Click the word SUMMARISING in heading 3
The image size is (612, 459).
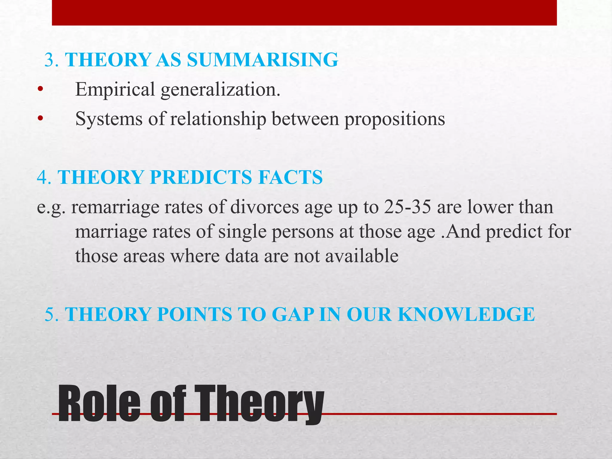[x=262, y=60]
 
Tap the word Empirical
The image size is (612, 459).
[x=115, y=89]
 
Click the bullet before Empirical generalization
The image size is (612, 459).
[x=40, y=90]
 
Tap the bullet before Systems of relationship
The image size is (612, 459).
[x=40, y=119]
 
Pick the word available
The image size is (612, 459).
[x=362, y=256]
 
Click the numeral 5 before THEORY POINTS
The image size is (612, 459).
[x=50, y=314]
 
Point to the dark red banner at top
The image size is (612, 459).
[x=304, y=13]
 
